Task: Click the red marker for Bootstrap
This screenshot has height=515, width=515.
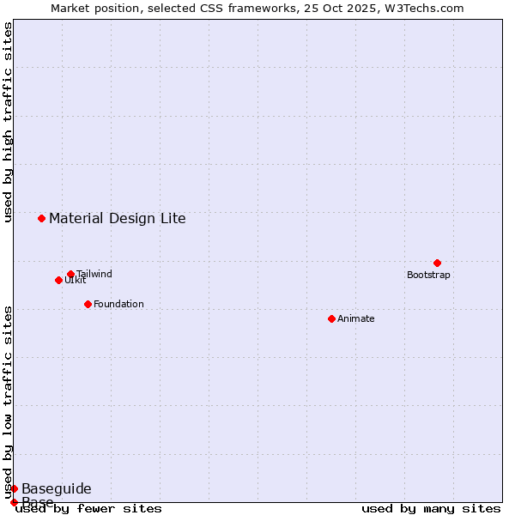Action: tap(437, 263)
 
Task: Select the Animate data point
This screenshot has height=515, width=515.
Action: tap(331, 318)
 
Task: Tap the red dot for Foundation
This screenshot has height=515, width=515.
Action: tap(88, 304)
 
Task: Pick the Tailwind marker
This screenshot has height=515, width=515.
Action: tap(70, 274)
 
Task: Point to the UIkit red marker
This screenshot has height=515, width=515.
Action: tap(58, 280)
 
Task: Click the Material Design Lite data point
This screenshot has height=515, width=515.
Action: tap(41, 218)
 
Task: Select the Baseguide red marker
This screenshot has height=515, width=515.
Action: tap(14, 488)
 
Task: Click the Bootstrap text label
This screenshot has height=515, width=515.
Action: tap(428, 276)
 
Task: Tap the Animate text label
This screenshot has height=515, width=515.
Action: tap(356, 319)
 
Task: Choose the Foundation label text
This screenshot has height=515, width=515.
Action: tap(118, 305)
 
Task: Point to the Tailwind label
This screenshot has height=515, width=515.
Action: tap(94, 275)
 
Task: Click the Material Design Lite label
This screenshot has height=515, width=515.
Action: tap(117, 218)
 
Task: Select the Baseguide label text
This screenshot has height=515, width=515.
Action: tap(56, 489)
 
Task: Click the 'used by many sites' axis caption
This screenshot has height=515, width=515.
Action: tap(431, 509)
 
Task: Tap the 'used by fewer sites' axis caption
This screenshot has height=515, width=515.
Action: tap(89, 509)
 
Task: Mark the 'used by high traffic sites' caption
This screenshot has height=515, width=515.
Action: tap(9, 122)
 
